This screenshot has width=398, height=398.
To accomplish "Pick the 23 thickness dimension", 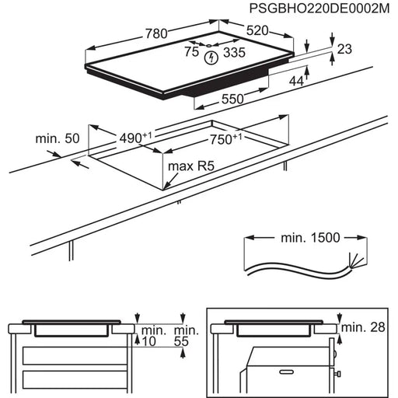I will pyautogui.click(x=344, y=48).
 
